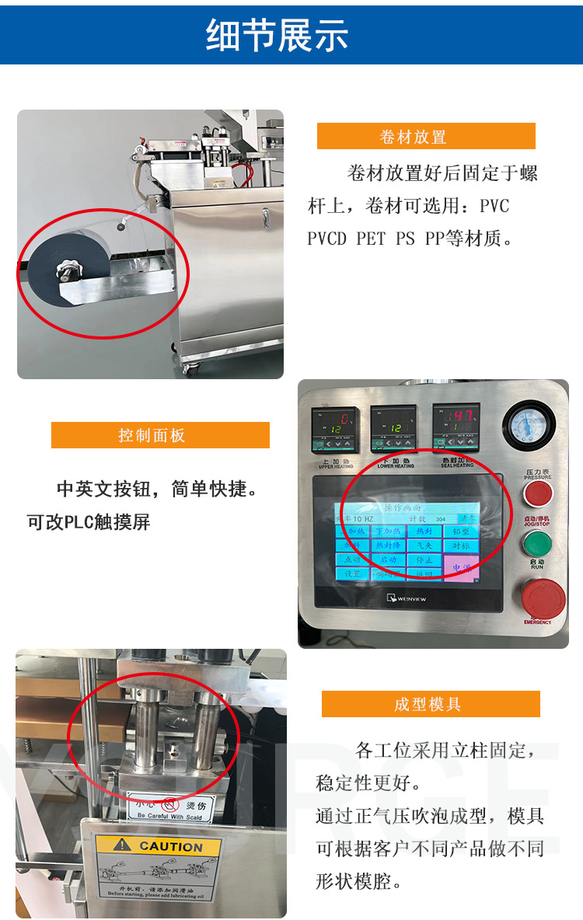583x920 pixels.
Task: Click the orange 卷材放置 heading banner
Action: (x=425, y=137)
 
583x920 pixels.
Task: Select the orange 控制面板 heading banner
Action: (x=160, y=435)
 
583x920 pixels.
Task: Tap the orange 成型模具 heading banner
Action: (x=430, y=704)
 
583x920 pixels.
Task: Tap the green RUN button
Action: (x=538, y=542)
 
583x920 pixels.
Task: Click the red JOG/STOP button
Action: (x=538, y=494)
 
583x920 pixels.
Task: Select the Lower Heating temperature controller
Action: (x=393, y=429)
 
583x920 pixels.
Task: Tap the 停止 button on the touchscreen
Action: (x=424, y=559)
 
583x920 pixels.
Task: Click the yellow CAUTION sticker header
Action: (x=159, y=846)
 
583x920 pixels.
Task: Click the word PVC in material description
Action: (x=494, y=207)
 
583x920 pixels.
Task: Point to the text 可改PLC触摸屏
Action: (x=89, y=523)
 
